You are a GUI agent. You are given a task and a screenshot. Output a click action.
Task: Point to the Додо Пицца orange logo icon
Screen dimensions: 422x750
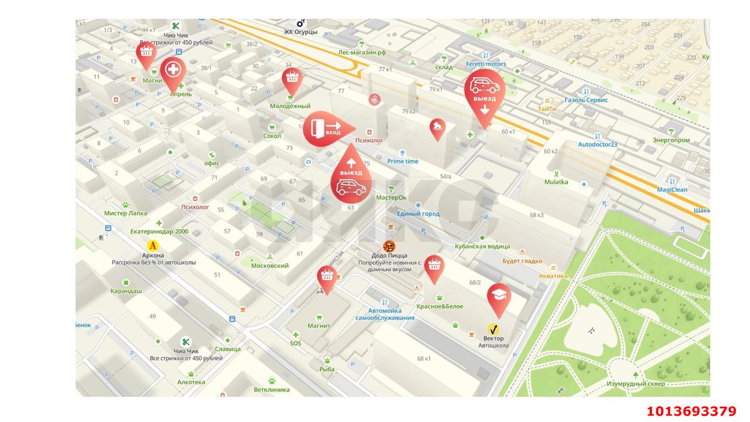tap(389, 246)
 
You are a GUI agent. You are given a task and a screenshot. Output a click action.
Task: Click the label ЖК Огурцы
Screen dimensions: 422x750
tap(301, 32)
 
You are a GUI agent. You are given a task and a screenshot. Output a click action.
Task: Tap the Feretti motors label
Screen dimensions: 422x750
tap(486, 64)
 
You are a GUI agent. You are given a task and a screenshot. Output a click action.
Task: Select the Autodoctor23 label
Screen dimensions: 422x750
tap(598, 144)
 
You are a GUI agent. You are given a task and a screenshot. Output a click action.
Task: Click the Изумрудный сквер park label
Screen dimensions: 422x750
tap(636, 384)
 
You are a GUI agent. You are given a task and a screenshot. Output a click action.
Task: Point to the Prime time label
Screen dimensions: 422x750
tap(403, 161)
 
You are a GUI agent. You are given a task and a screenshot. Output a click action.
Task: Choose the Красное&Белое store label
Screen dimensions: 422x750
tap(439, 307)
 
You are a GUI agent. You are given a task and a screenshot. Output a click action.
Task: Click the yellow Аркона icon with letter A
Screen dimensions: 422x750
tap(153, 246)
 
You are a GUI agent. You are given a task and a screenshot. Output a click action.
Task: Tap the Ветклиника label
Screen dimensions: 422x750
tap(272, 389)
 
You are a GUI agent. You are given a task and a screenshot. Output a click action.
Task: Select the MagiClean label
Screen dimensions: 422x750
tap(672, 190)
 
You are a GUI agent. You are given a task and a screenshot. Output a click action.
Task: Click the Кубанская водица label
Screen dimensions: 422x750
tap(482, 247)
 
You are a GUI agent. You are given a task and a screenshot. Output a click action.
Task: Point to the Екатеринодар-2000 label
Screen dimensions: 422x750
tap(159, 232)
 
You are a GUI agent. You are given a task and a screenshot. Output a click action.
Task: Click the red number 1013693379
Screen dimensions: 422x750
tap(691, 411)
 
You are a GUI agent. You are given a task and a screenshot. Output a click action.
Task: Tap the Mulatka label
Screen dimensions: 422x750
tap(556, 182)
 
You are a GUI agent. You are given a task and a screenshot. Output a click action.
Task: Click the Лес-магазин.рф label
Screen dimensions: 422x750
tap(362, 52)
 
